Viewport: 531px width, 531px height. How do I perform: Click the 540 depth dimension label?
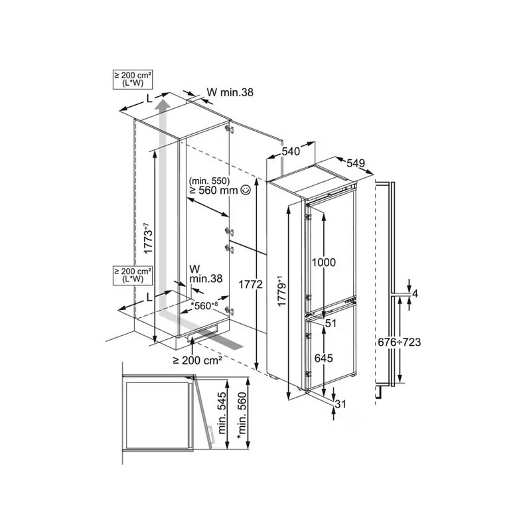tap(290, 151)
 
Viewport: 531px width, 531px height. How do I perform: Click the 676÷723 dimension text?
tap(398, 342)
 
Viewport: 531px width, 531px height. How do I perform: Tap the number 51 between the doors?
tap(332, 323)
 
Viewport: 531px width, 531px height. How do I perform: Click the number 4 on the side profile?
tap(415, 293)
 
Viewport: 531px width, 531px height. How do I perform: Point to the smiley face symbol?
tap(246, 190)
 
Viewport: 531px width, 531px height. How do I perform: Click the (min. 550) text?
tap(208, 180)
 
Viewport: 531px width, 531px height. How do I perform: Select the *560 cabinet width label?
tap(204, 306)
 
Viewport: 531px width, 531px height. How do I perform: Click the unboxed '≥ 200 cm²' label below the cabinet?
tap(197, 360)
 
